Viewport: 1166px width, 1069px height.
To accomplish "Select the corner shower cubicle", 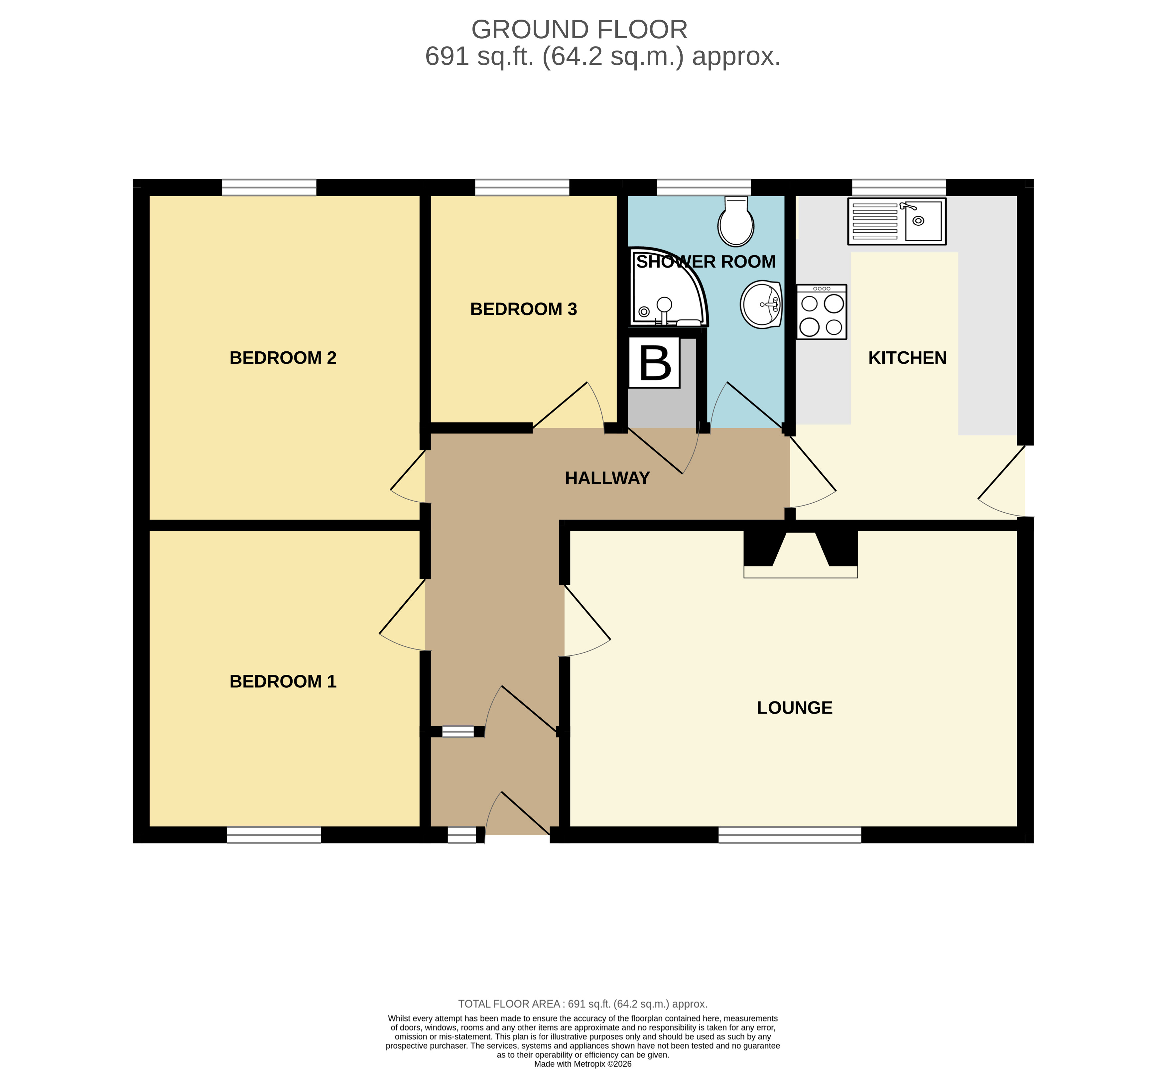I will pyautogui.click(x=666, y=289).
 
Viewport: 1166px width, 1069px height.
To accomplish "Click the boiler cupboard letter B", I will pyautogui.click(x=655, y=363).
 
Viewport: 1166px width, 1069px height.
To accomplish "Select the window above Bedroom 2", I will pyautogui.click(x=269, y=187).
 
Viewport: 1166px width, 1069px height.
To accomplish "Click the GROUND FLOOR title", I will pyautogui.click(x=579, y=30).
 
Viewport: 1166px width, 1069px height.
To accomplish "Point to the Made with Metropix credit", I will pyautogui.click(x=583, y=1064).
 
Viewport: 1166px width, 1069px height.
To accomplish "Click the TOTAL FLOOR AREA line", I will pyautogui.click(x=583, y=1004).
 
